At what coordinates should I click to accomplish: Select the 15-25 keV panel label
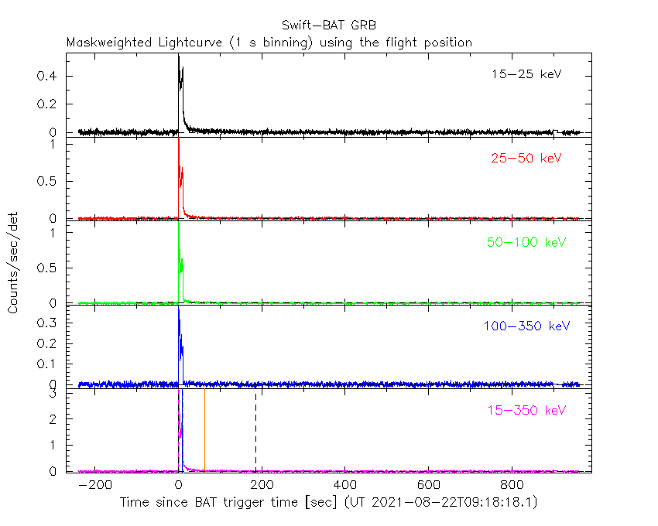tap(526, 75)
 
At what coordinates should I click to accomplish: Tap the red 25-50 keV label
tap(526, 159)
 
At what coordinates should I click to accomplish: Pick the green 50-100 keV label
tap(526, 242)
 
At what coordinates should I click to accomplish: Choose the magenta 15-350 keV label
tap(526, 409)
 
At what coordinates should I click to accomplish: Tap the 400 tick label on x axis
tap(345, 485)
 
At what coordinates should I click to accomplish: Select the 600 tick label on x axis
tap(428, 485)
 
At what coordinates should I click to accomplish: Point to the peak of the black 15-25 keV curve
tap(179, 56)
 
